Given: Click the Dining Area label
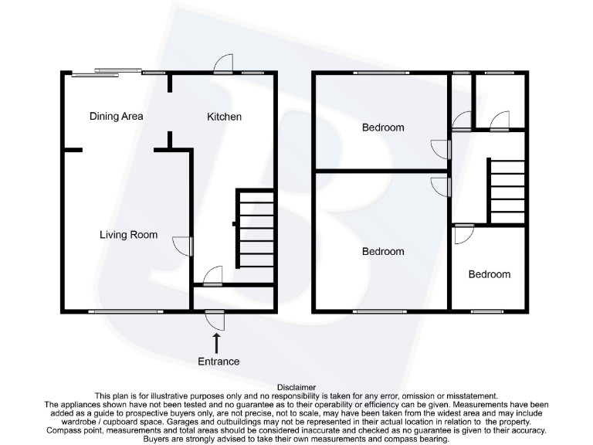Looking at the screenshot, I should [x=117, y=117].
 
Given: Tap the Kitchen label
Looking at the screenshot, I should [x=224, y=117].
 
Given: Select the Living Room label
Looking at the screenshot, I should [x=128, y=235].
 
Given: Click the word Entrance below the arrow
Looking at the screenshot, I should [x=218, y=361].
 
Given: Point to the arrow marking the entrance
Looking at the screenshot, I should [x=216, y=342].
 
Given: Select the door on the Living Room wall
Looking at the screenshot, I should [x=184, y=246].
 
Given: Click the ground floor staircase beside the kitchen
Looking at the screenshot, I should [x=256, y=229].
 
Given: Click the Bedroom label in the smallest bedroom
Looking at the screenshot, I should [x=489, y=274].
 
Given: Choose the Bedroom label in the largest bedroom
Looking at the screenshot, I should [x=383, y=251].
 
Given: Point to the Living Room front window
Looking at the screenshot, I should [x=114, y=311].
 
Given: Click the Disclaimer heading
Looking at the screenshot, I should [x=296, y=387].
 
